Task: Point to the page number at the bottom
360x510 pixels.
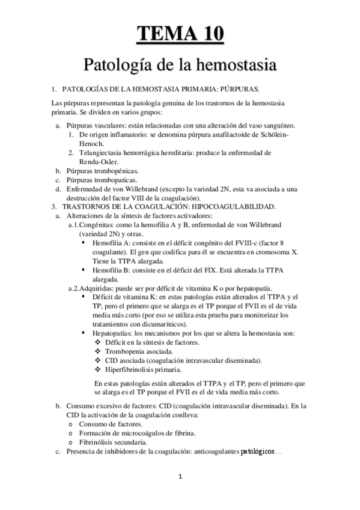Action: pyautogui.click(x=180, y=478)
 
